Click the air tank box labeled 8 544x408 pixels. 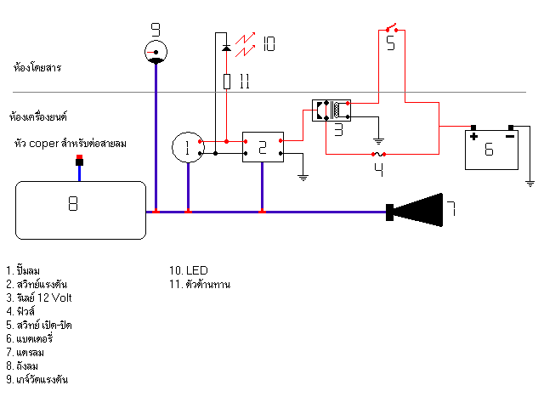[x=81, y=209]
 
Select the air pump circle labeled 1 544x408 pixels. [x=187, y=148]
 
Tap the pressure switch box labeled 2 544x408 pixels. [x=262, y=147]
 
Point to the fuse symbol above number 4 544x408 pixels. [x=380, y=155]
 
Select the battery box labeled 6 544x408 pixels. [x=492, y=148]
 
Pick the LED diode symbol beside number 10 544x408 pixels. [x=226, y=47]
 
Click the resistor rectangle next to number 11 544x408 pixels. [x=226, y=82]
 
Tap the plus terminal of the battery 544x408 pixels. [x=473, y=134]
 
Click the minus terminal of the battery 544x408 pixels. [x=510, y=134]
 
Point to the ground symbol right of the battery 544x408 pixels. [x=529, y=182]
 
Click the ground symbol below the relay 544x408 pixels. [x=378, y=140]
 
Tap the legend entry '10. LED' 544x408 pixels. [x=190, y=272]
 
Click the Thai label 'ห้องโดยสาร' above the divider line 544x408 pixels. [x=37, y=66]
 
